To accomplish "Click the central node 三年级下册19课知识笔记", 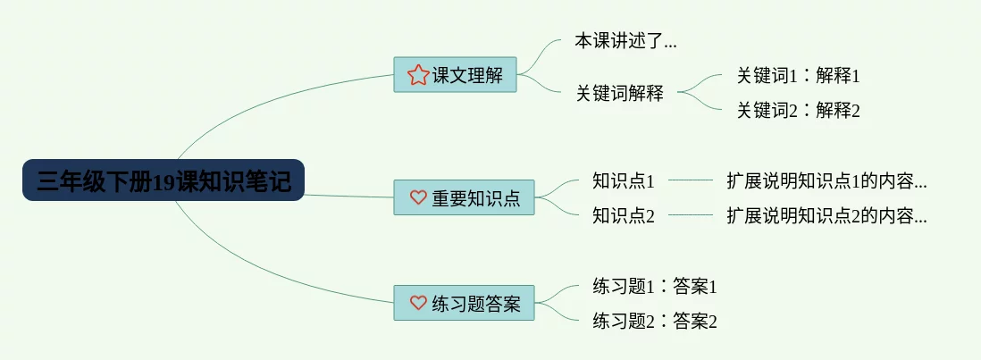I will click(163, 180).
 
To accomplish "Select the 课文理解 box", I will click(455, 75).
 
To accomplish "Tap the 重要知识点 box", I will click(464, 197).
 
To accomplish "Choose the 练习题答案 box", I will click(464, 303).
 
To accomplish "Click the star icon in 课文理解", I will click(417, 75).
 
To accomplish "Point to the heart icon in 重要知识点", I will click(417, 197).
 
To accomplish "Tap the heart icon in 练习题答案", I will click(417, 303).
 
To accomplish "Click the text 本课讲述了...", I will click(625, 41).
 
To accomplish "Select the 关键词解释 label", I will click(619, 92).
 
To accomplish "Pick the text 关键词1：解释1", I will click(798, 76).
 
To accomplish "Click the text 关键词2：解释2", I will click(798, 111).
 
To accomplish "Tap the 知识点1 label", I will click(624, 181).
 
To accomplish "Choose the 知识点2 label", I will click(624, 215).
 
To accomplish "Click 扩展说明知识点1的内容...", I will click(826, 181).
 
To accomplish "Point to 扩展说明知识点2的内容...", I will click(826, 215).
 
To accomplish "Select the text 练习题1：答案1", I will click(655, 287).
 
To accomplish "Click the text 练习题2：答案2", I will click(655, 321).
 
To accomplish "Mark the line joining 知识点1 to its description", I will click(691, 180).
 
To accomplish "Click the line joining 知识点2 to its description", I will click(691, 215).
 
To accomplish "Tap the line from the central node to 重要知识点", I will click(348, 196).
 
